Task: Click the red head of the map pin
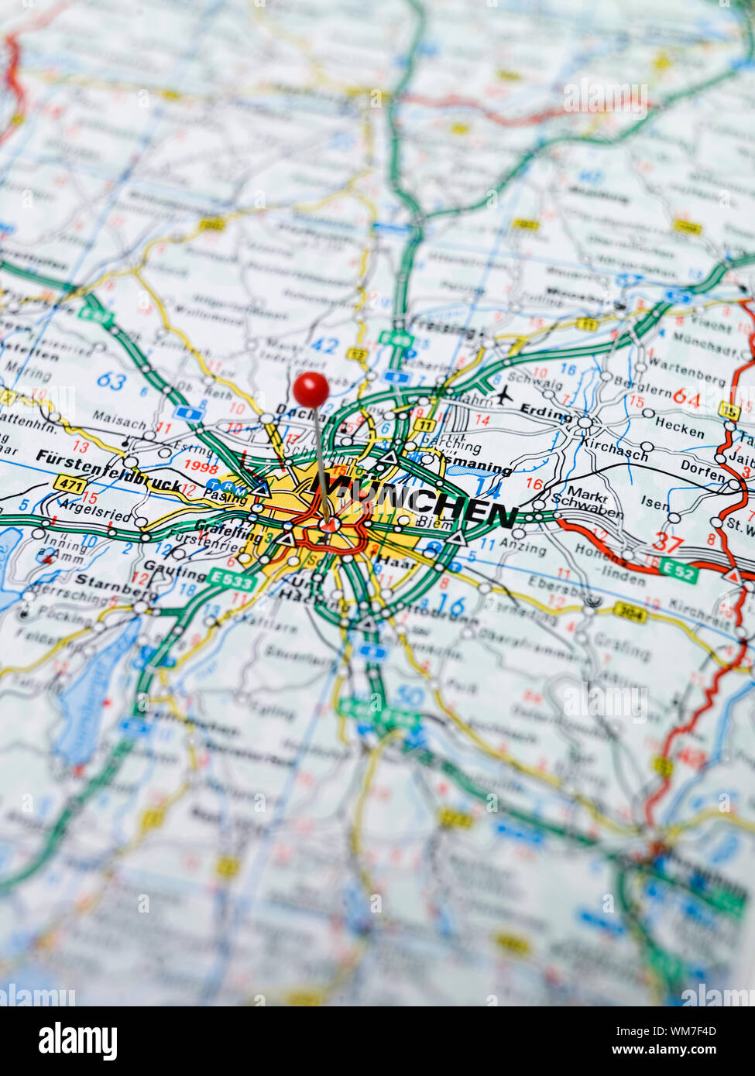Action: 311,389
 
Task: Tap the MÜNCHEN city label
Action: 422,501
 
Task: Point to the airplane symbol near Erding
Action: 504,395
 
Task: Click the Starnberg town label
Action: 116,586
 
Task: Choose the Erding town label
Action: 545,412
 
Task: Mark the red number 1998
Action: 201,466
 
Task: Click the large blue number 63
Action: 112,381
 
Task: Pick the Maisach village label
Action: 119,423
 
